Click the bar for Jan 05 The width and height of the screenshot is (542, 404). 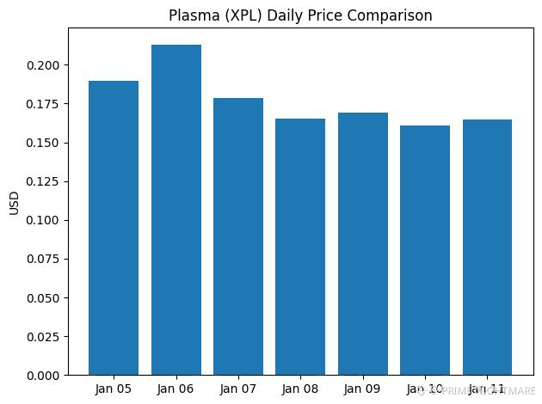114,228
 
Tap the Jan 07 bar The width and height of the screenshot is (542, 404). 238,236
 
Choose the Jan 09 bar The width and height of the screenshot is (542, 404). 363,244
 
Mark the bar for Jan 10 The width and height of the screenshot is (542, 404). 425,250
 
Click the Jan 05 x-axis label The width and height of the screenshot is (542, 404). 114,389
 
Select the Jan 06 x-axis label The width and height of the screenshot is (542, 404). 176,389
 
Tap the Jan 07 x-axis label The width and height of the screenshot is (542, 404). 238,389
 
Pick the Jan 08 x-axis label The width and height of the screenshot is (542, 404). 300,389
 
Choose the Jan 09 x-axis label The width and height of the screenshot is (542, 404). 363,389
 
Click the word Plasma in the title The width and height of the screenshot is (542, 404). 215,15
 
